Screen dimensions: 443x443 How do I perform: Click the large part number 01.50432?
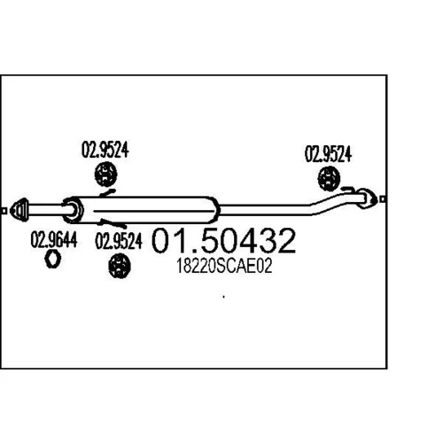[x=223, y=240]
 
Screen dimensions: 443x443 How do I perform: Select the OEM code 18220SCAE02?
[x=224, y=266]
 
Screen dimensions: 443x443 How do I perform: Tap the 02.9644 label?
[x=54, y=239]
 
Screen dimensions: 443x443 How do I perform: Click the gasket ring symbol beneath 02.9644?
[x=52, y=259]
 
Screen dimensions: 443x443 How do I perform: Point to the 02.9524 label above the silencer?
[x=105, y=150]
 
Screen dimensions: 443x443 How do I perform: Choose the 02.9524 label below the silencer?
[x=119, y=241]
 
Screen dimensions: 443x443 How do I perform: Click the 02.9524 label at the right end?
[x=328, y=154]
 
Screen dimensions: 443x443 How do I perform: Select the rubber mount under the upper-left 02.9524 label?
[x=105, y=175]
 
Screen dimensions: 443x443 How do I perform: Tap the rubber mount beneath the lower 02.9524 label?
[x=120, y=267]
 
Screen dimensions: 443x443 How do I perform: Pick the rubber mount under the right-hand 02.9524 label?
[x=329, y=178]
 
